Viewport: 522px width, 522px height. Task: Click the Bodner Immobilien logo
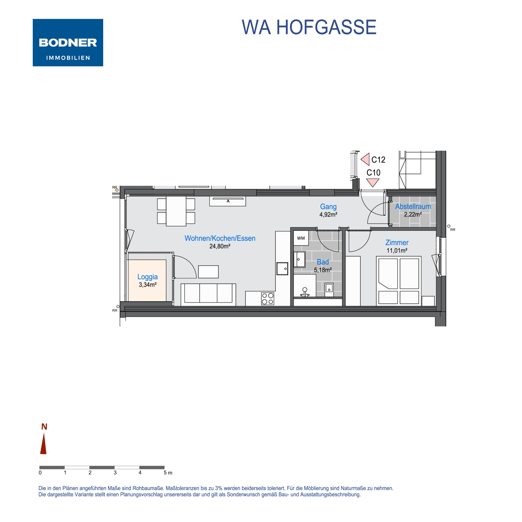coord(68,42)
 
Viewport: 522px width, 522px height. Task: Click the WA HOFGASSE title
coord(309,27)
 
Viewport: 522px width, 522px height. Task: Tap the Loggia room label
coord(148,277)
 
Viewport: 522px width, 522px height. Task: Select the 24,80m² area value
coord(220,246)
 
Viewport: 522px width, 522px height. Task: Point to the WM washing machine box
coord(301,238)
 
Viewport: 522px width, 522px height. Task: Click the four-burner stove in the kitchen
coord(267,298)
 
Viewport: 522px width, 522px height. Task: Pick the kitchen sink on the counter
coord(282,269)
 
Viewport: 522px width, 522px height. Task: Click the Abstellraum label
coord(413,206)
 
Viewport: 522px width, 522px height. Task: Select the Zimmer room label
coord(397,243)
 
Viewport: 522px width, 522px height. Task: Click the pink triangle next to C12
coord(365,159)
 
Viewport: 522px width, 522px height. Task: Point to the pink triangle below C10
coord(373,182)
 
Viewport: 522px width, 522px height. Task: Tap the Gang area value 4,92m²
coord(328,215)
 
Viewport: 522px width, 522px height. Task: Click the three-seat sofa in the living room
coord(208,294)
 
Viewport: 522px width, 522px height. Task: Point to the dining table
coord(176,211)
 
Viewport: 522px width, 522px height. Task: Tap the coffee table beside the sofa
coord(208,271)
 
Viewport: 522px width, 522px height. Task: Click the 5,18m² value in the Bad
coord(323,270)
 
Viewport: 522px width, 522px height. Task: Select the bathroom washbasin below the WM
coord(299,259)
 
